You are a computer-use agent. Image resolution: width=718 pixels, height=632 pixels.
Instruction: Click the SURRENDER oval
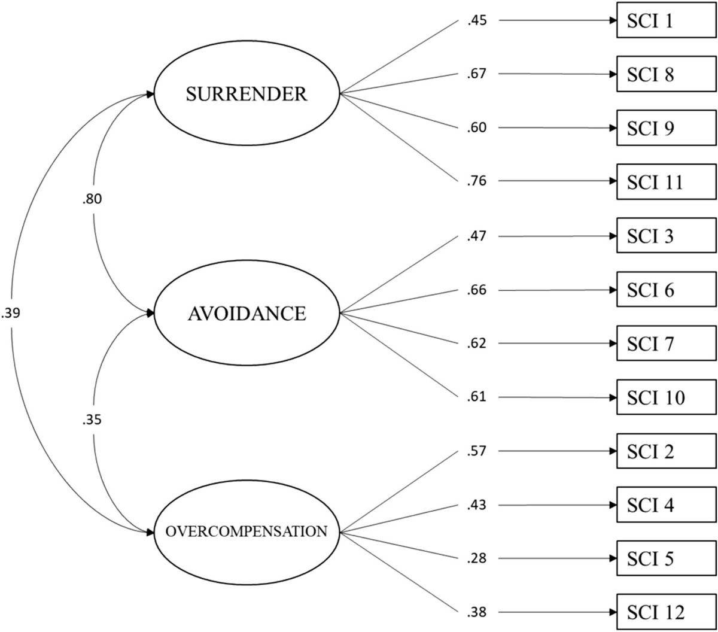247,93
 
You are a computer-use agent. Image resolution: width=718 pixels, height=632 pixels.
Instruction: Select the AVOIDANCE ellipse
247,313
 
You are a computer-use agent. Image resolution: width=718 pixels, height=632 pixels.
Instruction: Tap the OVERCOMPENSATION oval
247,531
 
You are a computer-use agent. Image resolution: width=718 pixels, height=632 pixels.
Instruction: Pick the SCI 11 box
667,181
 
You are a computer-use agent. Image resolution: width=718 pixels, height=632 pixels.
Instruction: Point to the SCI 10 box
667,397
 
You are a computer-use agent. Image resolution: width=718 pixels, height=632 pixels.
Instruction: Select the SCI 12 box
667,612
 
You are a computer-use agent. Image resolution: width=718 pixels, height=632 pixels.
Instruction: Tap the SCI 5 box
667,558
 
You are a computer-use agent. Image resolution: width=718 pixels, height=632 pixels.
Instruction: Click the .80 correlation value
94,199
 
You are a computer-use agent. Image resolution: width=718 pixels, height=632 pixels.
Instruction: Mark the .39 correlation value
11,313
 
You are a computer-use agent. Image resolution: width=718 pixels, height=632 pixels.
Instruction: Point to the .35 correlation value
94,420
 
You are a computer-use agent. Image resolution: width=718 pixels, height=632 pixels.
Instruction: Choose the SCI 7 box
667,344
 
